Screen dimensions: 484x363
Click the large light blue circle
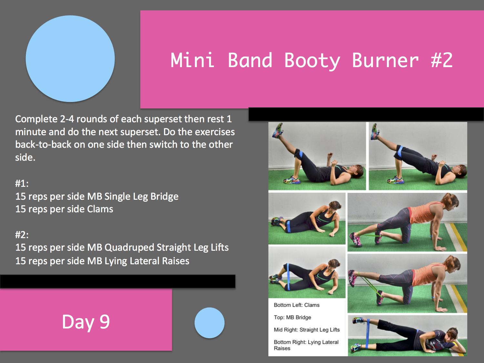coord(70,59)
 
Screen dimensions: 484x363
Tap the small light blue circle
coord(209,323)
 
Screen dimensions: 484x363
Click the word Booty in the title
coord(312,61)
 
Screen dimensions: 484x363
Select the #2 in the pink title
coord(442,60)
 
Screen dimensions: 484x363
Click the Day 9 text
coord(86,322)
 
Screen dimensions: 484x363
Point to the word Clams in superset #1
coord(100,209)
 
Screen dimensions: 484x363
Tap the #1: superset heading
coord(22,183)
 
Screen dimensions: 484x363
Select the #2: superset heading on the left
coord(22,235)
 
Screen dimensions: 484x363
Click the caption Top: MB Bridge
coord(292,318)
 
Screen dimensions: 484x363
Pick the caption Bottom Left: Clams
coord(297,305)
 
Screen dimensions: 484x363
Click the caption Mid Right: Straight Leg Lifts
coord(307,330)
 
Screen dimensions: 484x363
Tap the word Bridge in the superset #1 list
coord(164,197)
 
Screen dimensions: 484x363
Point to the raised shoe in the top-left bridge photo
coord(277,130)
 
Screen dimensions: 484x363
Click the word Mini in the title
coord(192,60)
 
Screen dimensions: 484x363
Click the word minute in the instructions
coord(30,132)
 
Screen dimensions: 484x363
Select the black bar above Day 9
coord(117,281)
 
